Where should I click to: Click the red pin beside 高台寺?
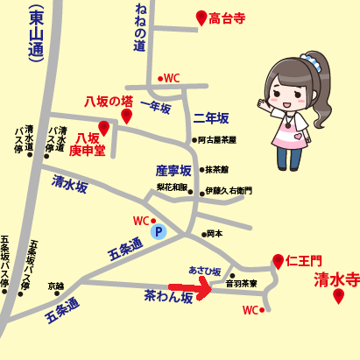[201, 18]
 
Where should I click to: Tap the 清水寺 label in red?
[336, 280]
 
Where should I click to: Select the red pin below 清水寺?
[338, 297]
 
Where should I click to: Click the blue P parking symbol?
[159, 232]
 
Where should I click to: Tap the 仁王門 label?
[305, 261]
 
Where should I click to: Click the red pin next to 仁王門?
[278, 261]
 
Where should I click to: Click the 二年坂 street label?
[210, 117]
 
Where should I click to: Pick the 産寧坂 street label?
[173, 169]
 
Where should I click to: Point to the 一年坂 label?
[154, 106]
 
